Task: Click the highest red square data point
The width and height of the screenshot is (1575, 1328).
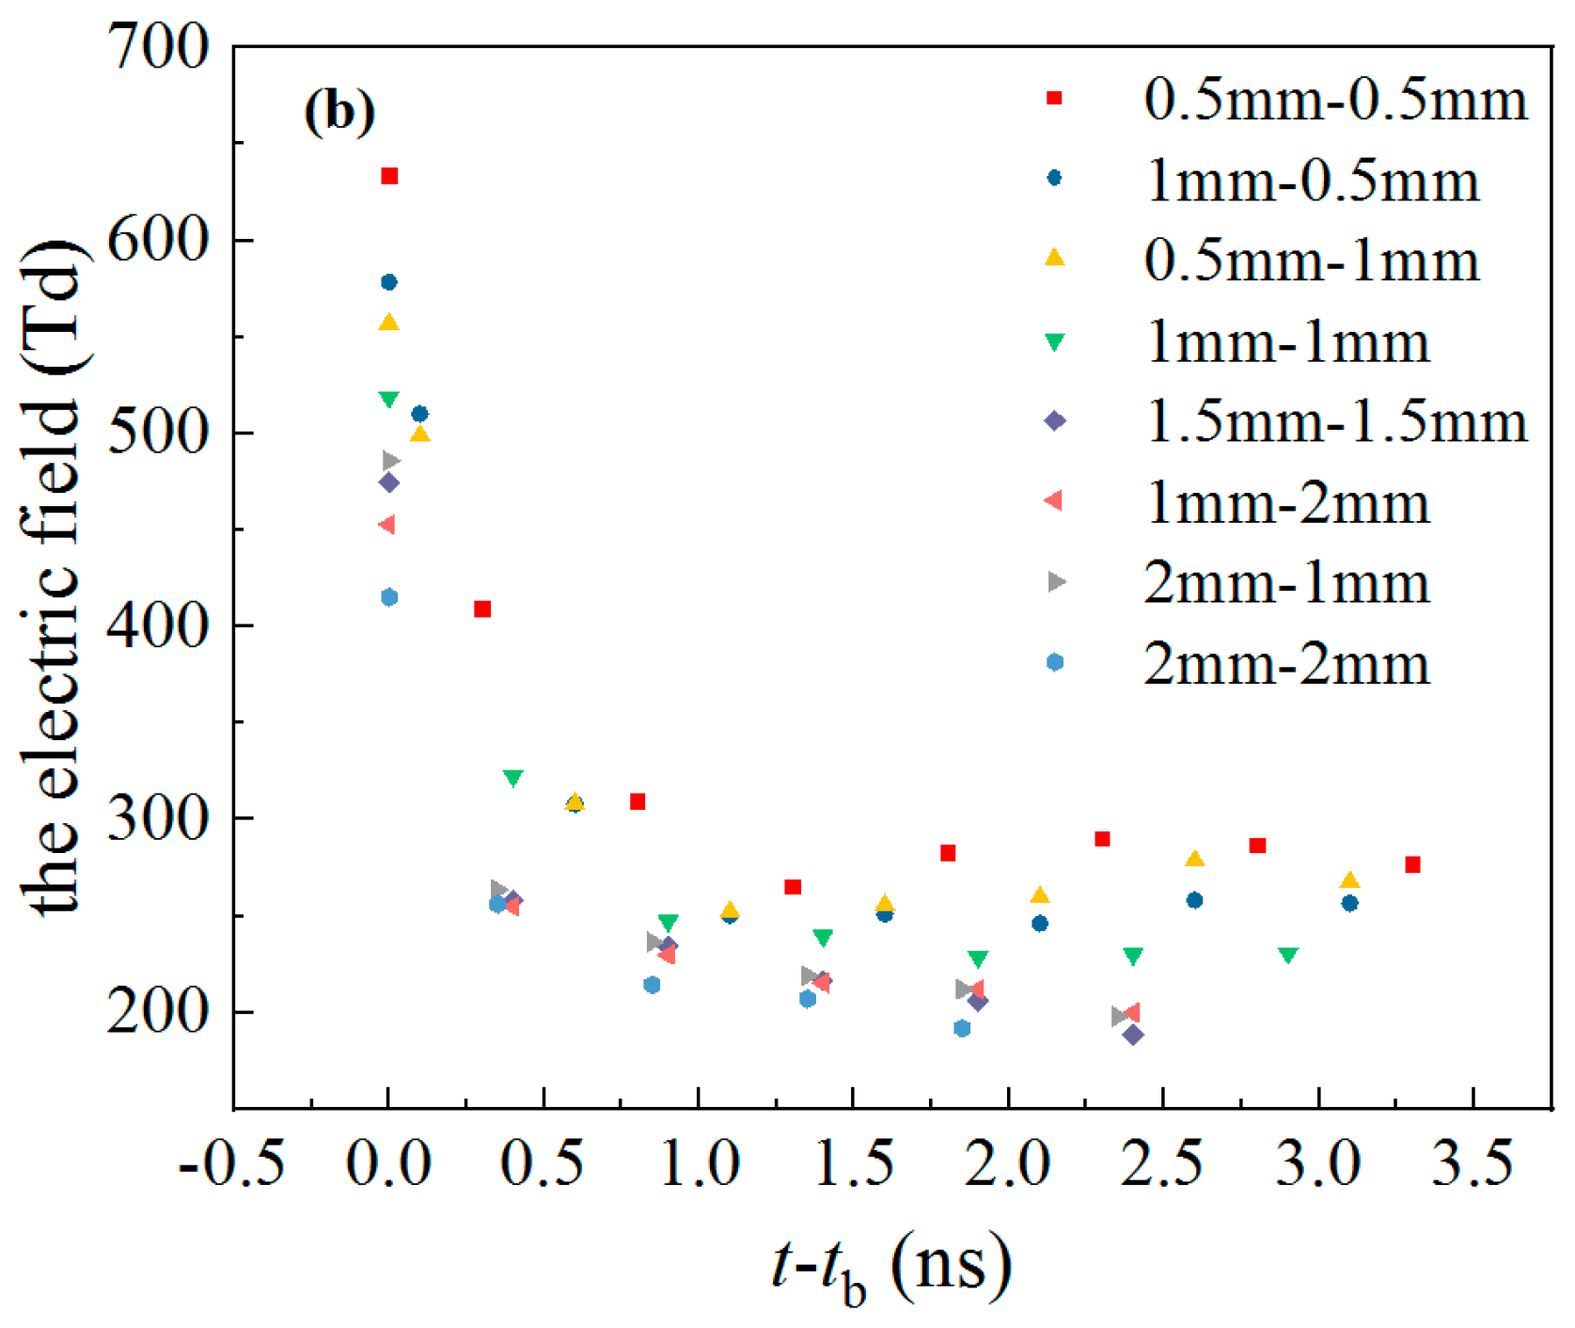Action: click(389, 176)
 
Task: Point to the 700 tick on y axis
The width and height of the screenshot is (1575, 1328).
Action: click(158, 47)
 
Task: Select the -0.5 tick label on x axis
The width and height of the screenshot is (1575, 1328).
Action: click(231, 1163)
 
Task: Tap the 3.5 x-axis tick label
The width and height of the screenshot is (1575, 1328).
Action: click(1473, 1163)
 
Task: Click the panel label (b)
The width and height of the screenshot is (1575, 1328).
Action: click(339, 112)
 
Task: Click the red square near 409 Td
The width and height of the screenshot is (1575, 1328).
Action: click(482, 609)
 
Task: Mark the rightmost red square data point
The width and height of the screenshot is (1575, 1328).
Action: click(1412, 864)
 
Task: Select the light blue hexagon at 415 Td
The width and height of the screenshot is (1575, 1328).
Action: click(389, 597)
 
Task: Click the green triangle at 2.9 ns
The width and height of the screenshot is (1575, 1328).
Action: click(1288, 955)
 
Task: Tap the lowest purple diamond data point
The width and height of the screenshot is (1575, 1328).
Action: click(1133, 1035)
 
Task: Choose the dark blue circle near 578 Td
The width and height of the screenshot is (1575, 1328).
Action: click(389, 282)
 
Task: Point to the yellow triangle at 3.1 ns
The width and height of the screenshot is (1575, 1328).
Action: click(1349, 880)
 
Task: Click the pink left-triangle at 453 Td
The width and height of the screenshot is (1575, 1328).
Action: click(386, 524)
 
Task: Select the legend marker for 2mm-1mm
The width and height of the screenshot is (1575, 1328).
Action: click(1056, 582)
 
